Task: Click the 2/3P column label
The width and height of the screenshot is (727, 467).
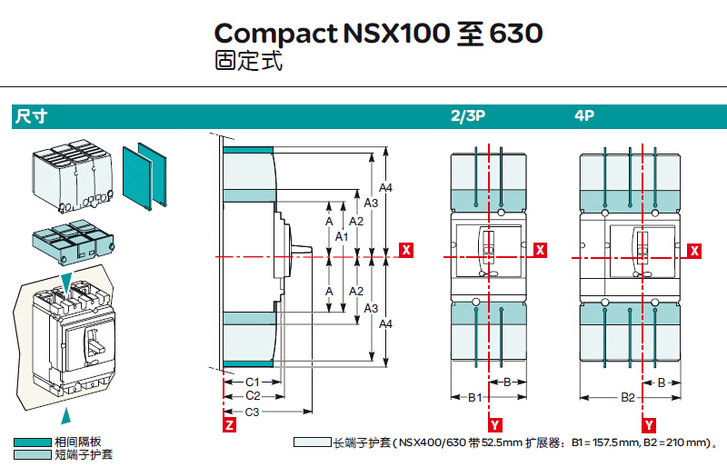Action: (x=468, y=116)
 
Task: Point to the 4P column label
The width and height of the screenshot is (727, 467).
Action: (x=584, y=116)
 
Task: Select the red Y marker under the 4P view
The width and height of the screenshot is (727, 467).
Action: (x=650, y=424)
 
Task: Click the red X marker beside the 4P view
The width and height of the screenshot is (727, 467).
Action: (x=695, y=249)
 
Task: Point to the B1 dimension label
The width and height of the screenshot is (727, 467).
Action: (x=473, y=397)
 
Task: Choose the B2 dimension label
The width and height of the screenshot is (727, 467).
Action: (x=628, y=397)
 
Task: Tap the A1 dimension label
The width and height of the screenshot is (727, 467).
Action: (x=342, y=236)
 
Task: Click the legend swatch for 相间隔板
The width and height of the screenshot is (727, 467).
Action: (x=32, y=442)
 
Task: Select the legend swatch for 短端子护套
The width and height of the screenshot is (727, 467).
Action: (x=32, y=454)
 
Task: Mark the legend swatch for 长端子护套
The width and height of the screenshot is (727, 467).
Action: (x=312, y=442)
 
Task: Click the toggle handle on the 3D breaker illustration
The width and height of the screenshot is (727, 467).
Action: (x=92, y=341)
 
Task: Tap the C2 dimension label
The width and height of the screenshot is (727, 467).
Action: (x=254, y=396)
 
